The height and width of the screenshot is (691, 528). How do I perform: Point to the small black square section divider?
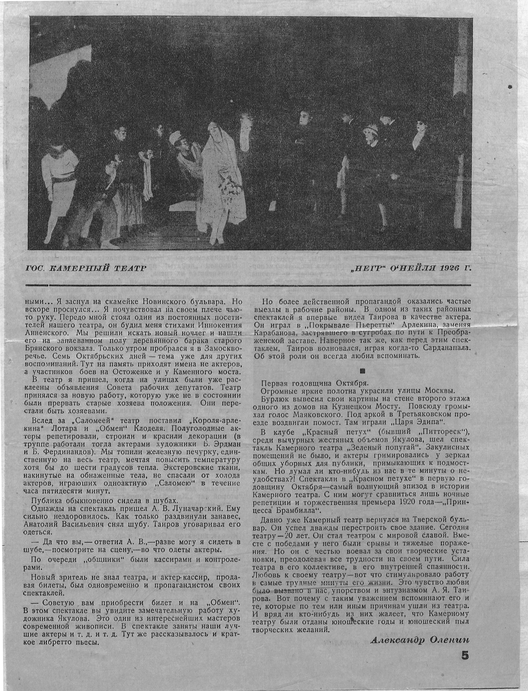coord(362,371)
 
